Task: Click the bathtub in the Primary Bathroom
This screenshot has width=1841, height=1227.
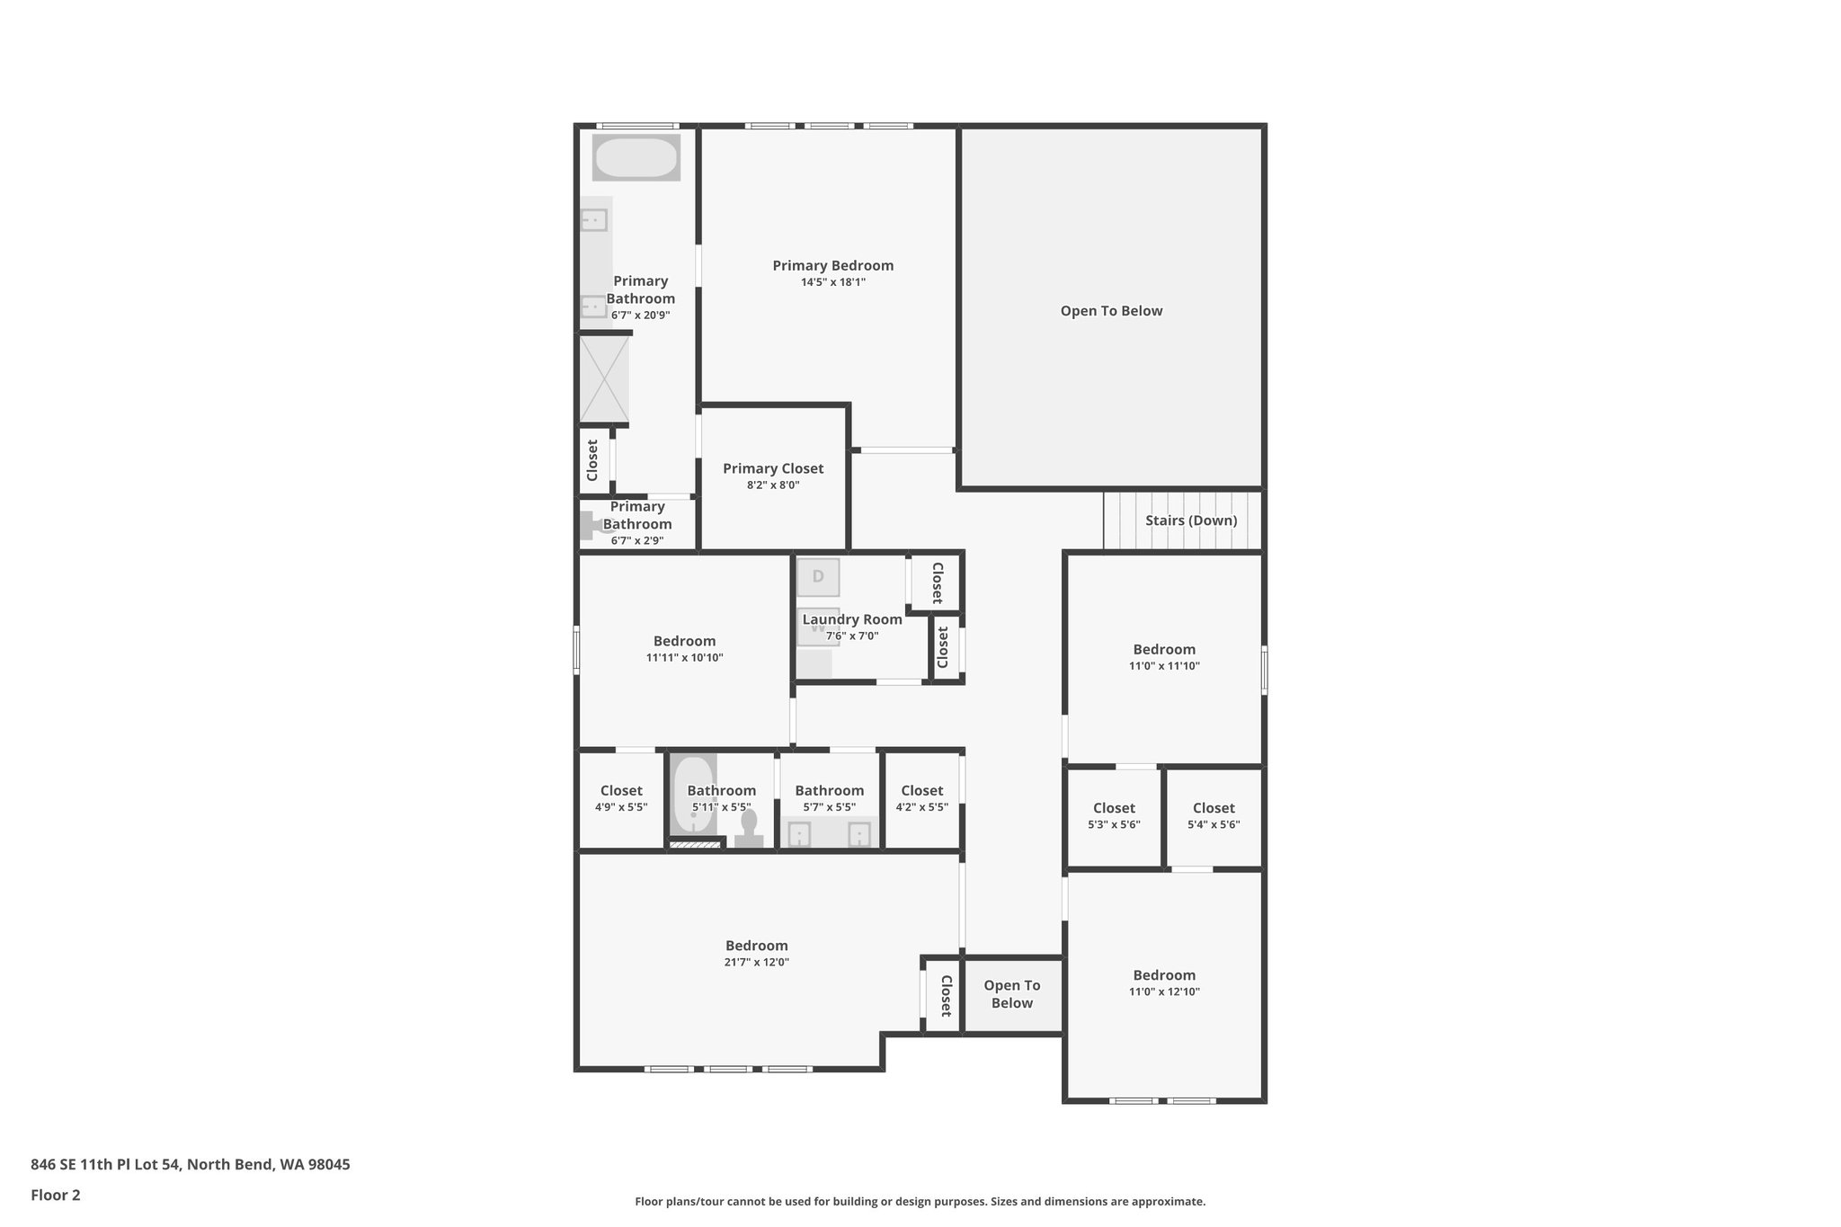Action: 636,158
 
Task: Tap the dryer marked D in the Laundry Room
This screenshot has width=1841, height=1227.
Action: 818,577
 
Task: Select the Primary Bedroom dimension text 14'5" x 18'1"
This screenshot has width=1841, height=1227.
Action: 833,282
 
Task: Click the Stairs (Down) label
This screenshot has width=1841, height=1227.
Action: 1190,520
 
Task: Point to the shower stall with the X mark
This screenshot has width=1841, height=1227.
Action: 604,378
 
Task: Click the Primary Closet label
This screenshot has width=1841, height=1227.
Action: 773,468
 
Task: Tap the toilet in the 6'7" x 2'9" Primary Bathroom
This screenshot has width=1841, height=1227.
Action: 594,525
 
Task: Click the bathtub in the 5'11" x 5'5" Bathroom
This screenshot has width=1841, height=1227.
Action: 692,795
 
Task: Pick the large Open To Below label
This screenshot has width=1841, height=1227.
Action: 1111,311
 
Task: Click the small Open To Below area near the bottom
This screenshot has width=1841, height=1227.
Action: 1012,994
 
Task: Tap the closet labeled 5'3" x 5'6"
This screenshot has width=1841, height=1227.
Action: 1114,816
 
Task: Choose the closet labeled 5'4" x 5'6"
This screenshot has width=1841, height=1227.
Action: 1214,816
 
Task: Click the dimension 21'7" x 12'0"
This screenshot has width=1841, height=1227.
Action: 757,962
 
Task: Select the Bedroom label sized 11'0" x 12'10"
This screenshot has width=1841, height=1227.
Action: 1164,975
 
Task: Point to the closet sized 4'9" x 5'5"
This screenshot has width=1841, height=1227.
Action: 621,799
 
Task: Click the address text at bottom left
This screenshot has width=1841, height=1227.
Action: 191,1164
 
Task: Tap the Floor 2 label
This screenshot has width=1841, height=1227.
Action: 56,1195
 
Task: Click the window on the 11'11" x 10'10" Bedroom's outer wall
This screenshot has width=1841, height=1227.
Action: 576,649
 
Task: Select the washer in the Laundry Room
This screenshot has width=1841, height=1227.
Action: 817,627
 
